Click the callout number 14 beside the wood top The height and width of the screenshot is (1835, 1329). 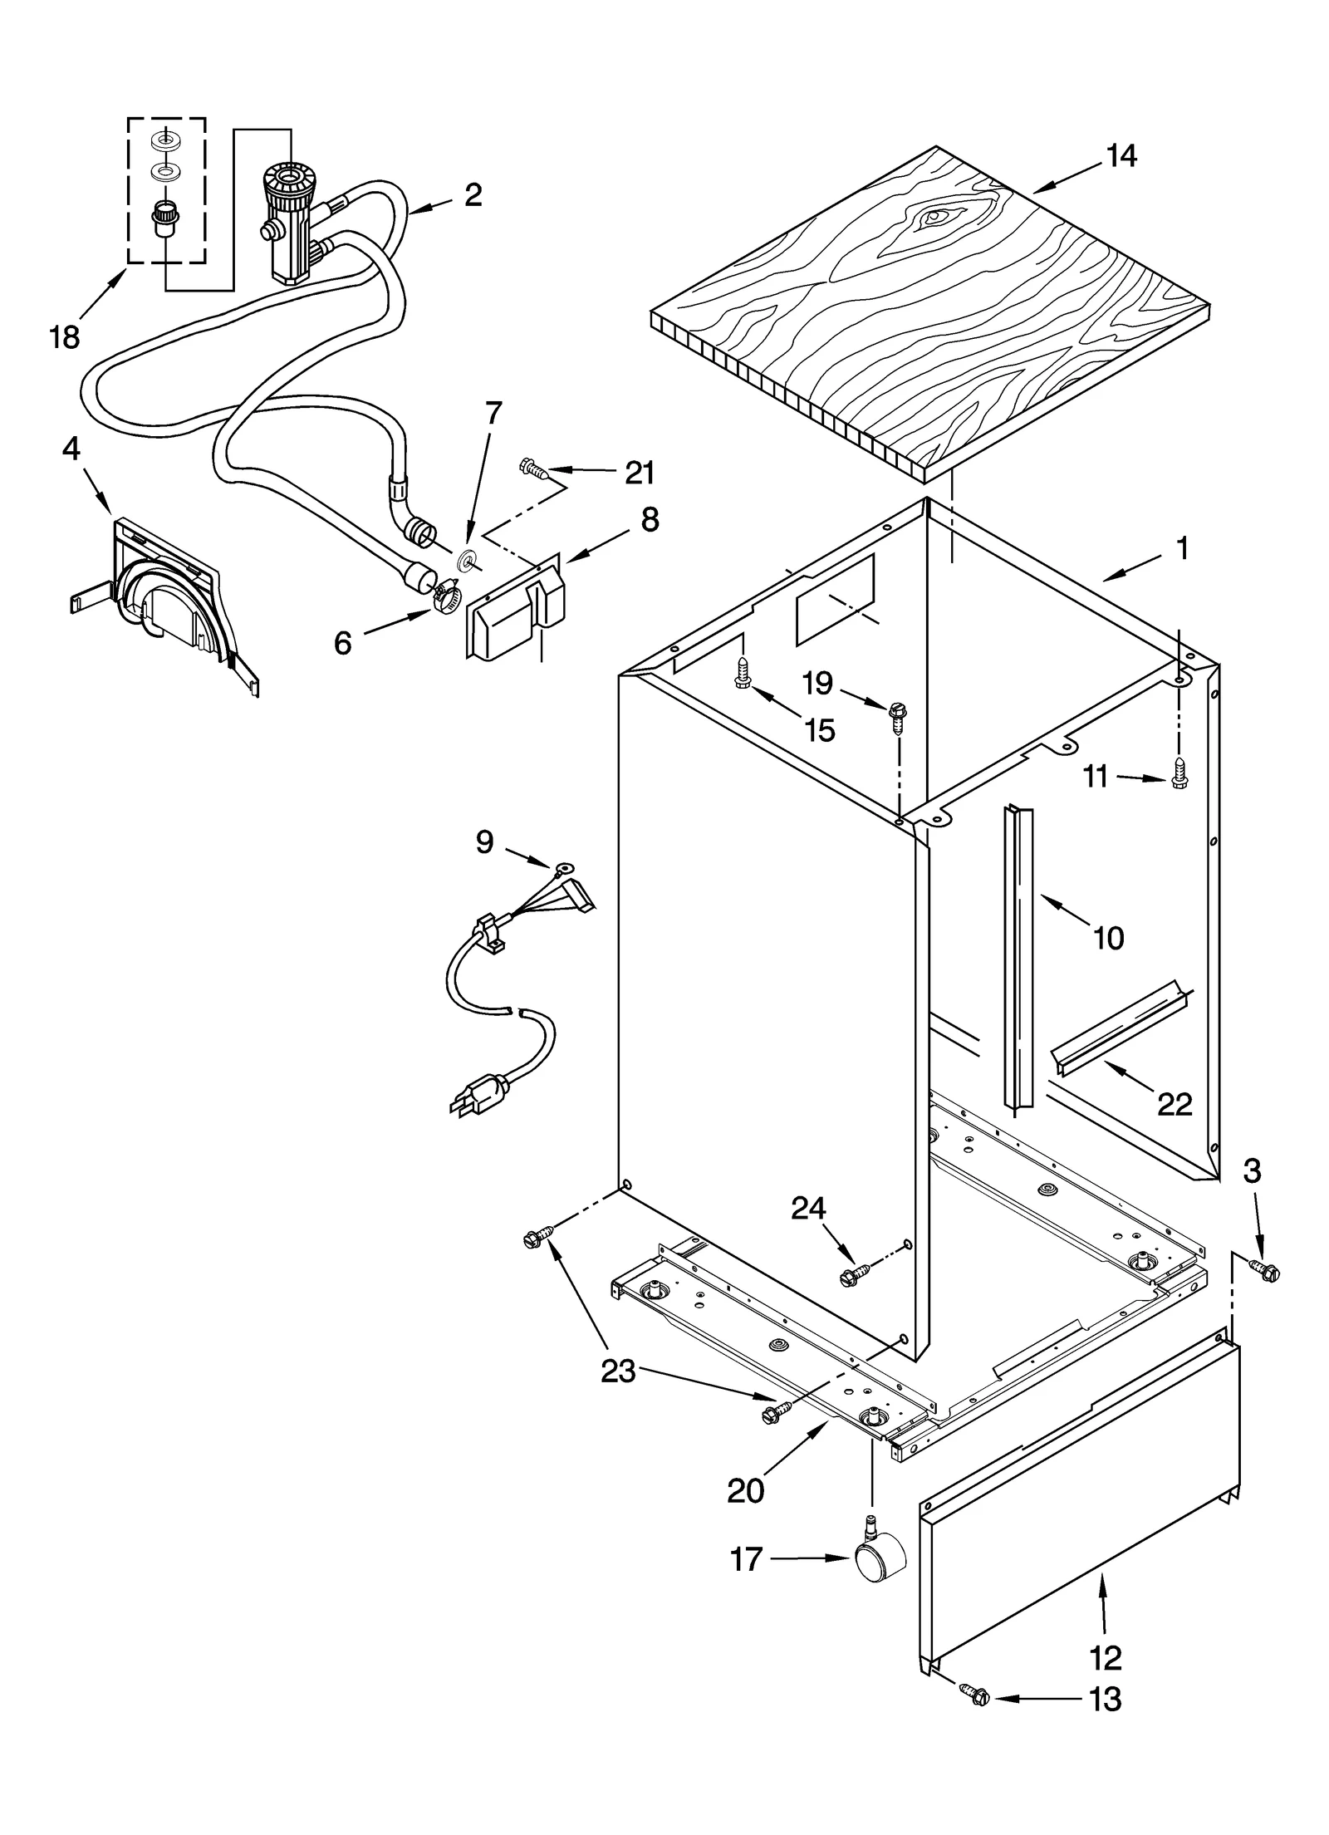click(1121, 155)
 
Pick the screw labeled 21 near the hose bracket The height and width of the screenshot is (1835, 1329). click(532, 469)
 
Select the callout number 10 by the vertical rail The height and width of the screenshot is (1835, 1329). click(1109, 938)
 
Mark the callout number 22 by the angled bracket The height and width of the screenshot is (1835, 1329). click(1175, 1104)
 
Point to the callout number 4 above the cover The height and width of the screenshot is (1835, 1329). click(71, 449)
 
